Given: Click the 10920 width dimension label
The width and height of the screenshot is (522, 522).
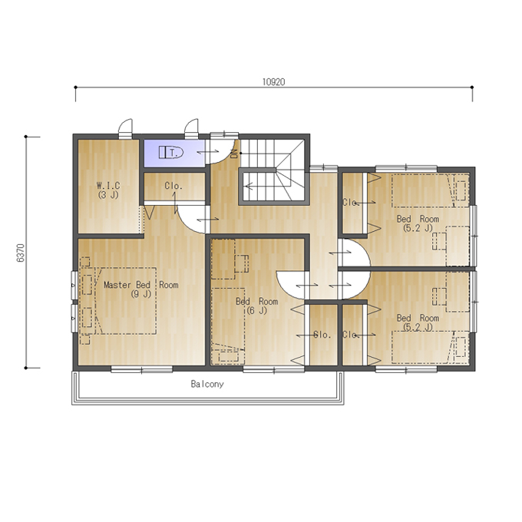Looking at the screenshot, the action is click(273, 82).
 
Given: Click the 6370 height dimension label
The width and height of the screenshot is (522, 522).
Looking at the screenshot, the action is click(20, 253).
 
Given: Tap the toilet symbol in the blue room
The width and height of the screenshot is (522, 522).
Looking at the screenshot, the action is click(170, 153).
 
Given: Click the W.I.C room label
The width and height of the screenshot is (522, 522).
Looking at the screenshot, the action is click(108, 190).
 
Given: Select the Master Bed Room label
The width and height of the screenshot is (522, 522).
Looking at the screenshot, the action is click(140, 289).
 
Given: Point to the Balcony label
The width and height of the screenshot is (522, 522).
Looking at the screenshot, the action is click(207, 384).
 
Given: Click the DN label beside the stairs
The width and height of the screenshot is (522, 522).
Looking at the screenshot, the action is click(234, 154).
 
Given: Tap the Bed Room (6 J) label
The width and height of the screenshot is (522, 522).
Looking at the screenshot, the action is click(256, 306).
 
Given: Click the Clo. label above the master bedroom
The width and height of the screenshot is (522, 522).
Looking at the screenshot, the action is click(173, 186).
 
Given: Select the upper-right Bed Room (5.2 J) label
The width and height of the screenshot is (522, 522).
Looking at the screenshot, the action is click(418, 223).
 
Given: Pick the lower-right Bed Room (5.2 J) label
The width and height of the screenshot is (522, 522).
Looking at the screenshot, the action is click(418, 322).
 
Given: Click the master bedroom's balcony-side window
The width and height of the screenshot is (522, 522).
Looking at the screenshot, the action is click(142, 369).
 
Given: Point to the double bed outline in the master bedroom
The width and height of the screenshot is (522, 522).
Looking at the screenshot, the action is click(125, 301).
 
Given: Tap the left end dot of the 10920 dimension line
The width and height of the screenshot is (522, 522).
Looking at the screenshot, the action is click(75, 88).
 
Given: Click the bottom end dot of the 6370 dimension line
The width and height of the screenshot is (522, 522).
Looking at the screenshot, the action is click(25, 368).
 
